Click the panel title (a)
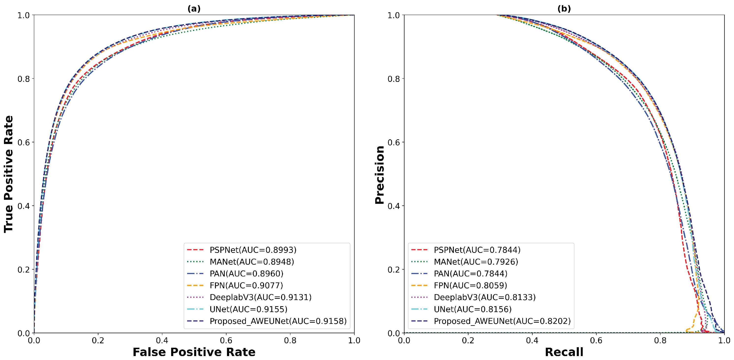click(194, 9)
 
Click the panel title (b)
click(564, 9)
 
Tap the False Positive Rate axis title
click(194, 352)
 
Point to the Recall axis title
click(564, 352)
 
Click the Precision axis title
click(379, 174)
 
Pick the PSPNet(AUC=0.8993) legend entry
click(253, 250)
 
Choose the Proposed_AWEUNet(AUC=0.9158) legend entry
click(278, 321)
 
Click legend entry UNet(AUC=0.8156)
click(472, 309)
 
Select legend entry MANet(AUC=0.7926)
click(476, 262)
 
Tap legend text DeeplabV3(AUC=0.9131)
click(260, 297)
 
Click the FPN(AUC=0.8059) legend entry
click(470, 285)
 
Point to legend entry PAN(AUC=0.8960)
click(246, 274)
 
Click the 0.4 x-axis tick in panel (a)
click(162, 340)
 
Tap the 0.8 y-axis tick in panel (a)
click(24, 79)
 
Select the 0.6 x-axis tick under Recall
click(596, 340)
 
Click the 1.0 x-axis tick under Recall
click(724, 340)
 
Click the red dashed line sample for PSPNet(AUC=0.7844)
click(419, 250)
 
